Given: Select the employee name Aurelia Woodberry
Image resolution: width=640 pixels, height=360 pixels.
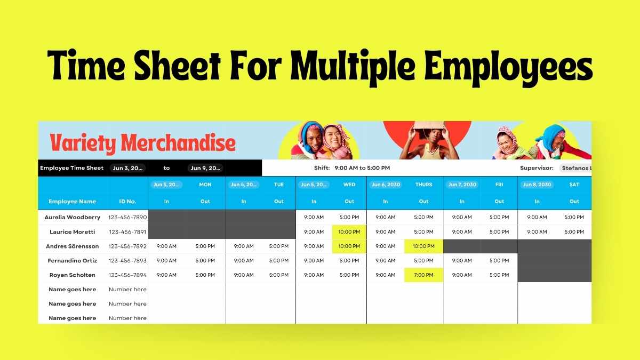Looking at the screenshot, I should point(72,218).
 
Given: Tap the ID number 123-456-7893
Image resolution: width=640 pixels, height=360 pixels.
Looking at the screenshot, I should point(127,261).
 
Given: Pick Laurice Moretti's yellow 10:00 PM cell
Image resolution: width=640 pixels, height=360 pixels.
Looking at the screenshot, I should point(349,232).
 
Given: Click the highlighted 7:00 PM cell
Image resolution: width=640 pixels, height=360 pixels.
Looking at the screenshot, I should point(423,275).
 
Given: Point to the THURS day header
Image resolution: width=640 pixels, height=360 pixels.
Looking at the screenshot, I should point(423,185).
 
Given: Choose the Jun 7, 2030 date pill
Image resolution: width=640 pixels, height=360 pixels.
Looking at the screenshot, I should point(462,185).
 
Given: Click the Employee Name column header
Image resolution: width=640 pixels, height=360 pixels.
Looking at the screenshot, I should point(72,202).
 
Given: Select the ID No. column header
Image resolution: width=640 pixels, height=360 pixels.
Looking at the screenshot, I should point(127,202).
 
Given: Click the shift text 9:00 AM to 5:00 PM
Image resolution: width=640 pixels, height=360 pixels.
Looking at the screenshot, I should point(362,168).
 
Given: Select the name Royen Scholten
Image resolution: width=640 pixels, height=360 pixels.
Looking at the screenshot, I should point(72,275).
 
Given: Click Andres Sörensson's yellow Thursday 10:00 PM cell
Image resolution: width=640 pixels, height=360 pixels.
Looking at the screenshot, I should point(423,246).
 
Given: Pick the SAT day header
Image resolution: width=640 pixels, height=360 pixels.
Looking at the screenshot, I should point(574,185).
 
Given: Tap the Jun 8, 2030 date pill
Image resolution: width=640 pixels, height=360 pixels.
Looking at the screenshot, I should point(537,185).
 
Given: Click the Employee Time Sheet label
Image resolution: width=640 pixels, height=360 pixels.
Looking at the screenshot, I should point(71,168).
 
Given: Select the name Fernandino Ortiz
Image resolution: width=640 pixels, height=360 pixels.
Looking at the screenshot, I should point(72,261).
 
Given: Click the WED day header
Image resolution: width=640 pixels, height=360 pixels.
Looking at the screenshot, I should point(349,185).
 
